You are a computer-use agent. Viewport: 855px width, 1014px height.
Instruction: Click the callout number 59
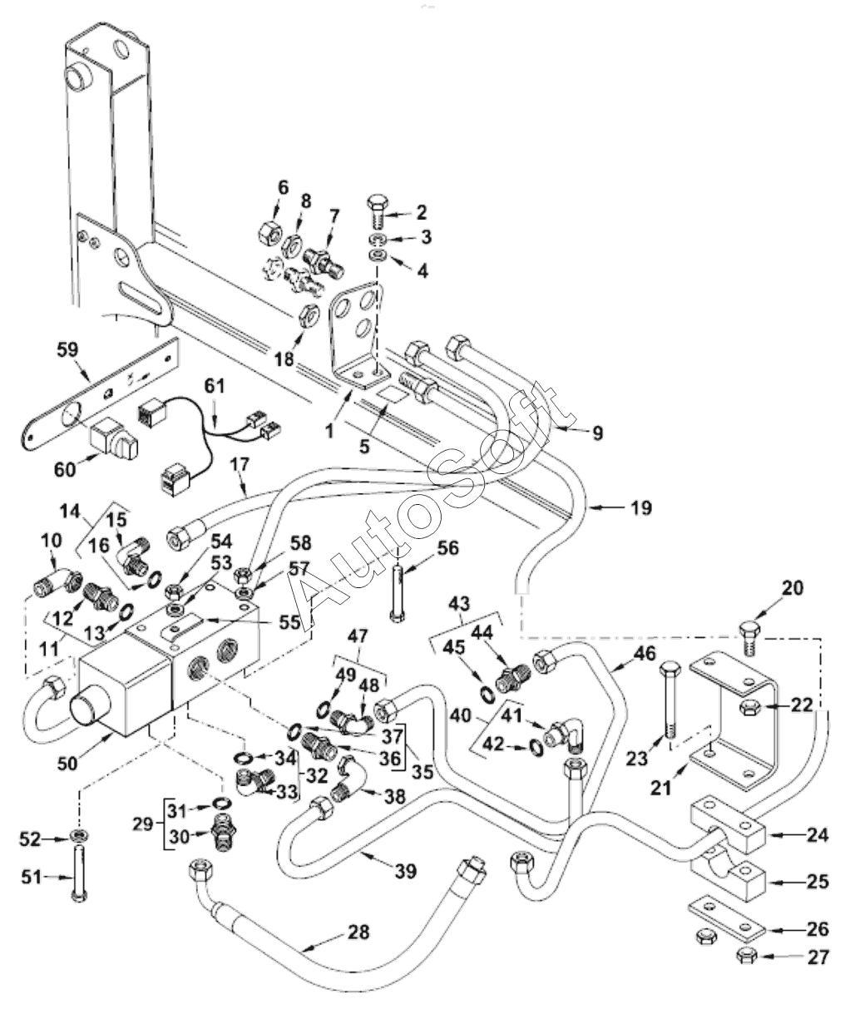[67, 349]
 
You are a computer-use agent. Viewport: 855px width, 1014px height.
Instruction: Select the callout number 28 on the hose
[359, 932]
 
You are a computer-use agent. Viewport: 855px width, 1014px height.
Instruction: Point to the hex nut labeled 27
[747, 957]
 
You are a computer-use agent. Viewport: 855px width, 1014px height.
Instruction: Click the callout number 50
[67, 764]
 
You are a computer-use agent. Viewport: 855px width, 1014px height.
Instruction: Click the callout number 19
[641, 508]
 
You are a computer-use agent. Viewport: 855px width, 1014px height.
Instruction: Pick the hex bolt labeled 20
[750, 639]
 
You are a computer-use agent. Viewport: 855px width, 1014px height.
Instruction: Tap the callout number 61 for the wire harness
[215, 386]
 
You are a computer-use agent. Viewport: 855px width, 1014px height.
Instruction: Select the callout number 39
[406, 871]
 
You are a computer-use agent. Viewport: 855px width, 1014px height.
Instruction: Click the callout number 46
[645, 653]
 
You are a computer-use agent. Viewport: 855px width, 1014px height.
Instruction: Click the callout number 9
[598, 433]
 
